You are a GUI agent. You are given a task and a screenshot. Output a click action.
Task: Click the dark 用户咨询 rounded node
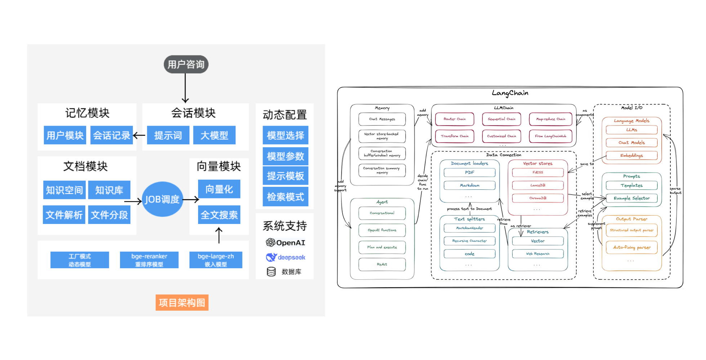pos(186,64)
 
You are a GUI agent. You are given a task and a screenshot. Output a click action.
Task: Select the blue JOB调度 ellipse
pos(162,199)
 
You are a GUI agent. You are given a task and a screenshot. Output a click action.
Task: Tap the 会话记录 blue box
pos(112,135)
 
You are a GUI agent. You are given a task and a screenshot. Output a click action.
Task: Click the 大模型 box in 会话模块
pos(214,135)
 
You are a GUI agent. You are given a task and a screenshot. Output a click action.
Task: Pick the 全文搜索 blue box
pos(219,215)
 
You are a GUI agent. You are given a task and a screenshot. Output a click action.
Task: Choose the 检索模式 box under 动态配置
pos(285,197)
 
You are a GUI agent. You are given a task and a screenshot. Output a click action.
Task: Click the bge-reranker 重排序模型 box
pos(149,260)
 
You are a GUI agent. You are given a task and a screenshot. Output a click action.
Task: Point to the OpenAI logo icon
pos(270,243)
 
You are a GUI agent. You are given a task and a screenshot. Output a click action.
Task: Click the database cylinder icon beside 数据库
pos(271,272)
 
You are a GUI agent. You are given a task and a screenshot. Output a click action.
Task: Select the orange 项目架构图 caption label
pos(182,302)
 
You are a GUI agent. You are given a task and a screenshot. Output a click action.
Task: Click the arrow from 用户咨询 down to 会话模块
pos(185,88)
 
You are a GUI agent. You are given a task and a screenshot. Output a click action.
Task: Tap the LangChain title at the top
pos(510,93)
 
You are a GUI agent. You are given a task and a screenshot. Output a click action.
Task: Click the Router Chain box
pos(455,119)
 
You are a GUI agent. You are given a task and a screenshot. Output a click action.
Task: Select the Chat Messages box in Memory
pos(382,119)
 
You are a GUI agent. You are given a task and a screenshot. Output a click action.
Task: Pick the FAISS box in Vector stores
pos(538,172)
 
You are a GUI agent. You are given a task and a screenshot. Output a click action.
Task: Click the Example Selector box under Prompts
pos(631,198)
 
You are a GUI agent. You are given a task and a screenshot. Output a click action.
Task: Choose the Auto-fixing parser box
pos(632,247)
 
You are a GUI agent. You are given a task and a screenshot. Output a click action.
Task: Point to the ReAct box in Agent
pos(382,264)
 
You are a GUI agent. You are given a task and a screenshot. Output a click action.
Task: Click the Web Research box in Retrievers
pos(538,254)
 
